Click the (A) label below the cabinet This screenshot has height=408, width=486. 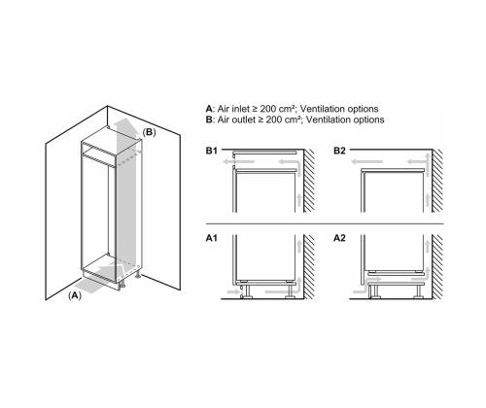(75, 295)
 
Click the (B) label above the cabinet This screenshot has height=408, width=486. (150, 132)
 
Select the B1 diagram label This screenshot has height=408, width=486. (212, 151)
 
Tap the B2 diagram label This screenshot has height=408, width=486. (339, 151)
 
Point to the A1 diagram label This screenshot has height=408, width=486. (212, 238)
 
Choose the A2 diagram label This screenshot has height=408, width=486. (339, 238)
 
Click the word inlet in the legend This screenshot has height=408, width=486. (241, 109)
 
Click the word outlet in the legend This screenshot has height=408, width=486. (244, 119)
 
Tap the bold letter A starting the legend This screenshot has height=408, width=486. (209, 109)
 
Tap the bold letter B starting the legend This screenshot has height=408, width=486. (209, 119)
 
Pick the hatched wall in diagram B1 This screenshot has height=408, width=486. (309, 181)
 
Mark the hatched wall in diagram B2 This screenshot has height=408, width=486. (437, 181)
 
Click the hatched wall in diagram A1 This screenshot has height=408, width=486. (309, 267)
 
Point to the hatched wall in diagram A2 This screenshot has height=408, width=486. (437, 267)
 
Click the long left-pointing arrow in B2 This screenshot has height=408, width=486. (367, 161)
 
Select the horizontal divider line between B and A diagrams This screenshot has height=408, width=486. (325, 223)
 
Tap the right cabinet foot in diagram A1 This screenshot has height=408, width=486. (290, 291)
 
